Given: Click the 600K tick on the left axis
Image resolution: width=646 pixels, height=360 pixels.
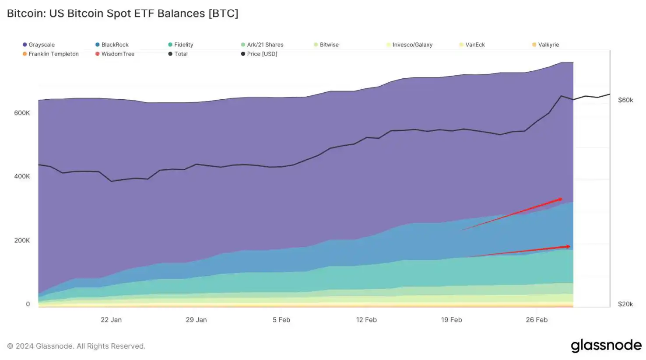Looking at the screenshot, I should coord(22,113).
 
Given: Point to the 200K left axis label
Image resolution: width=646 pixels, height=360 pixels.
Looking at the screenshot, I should coord(22,240).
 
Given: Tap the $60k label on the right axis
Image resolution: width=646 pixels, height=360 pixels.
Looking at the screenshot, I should coord(625,100).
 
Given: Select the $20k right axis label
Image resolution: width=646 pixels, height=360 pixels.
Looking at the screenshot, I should coord(625,304).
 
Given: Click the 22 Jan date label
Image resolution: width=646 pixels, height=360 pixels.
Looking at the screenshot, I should coord(111,320).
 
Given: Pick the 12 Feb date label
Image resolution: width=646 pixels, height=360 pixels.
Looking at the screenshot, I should coord(366,320).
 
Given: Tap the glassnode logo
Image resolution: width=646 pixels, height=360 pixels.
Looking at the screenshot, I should coord(606,346).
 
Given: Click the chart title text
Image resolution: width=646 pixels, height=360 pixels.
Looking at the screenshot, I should coord(123,14).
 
